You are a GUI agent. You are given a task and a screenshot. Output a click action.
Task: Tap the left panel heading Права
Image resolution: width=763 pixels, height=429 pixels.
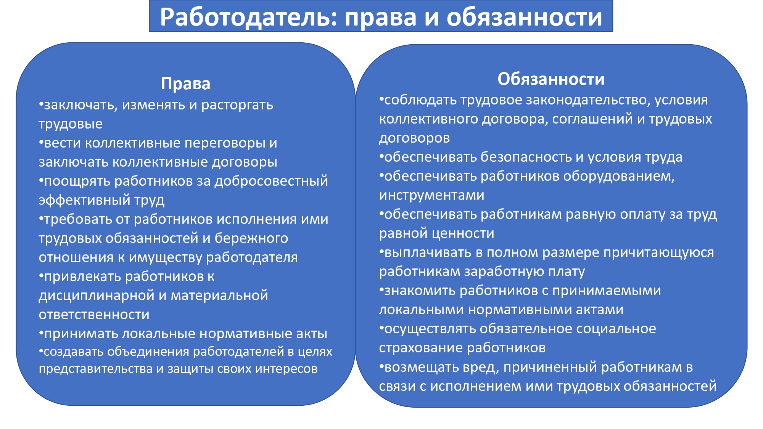point(186,84)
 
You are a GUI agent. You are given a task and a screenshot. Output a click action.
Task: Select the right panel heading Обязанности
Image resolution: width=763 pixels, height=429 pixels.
point(551,79)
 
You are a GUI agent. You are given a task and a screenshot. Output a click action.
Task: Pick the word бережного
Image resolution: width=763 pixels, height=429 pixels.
point(251,238)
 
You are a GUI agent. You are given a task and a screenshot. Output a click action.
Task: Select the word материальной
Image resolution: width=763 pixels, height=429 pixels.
point(219,296)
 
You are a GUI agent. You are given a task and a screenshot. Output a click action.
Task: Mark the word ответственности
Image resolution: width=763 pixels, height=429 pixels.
point(94,315)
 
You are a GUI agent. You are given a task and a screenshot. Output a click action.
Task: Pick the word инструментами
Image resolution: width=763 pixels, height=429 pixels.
point(432,195)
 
